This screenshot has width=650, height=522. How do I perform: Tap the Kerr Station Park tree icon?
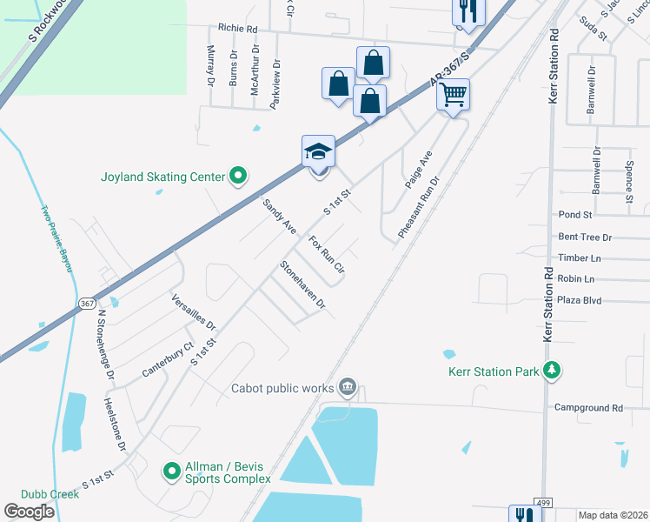[x=550, y=371]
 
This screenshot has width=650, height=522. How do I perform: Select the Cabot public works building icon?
[x=348, y=386]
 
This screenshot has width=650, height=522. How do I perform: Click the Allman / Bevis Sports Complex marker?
[x=171, y=472]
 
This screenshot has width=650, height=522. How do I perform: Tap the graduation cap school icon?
[x=318, y=151]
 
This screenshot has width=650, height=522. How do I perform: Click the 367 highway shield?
[x=86, y=304]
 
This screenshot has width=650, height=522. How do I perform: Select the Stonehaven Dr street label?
[x=302, y=285]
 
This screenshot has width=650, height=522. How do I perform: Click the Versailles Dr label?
[x=193, y=310]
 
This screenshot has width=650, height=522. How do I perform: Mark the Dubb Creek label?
[x=51, y=494]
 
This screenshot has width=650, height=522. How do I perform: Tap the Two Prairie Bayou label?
[x=56, y=238]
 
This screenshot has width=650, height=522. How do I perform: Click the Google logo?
[x=29, y=512]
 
